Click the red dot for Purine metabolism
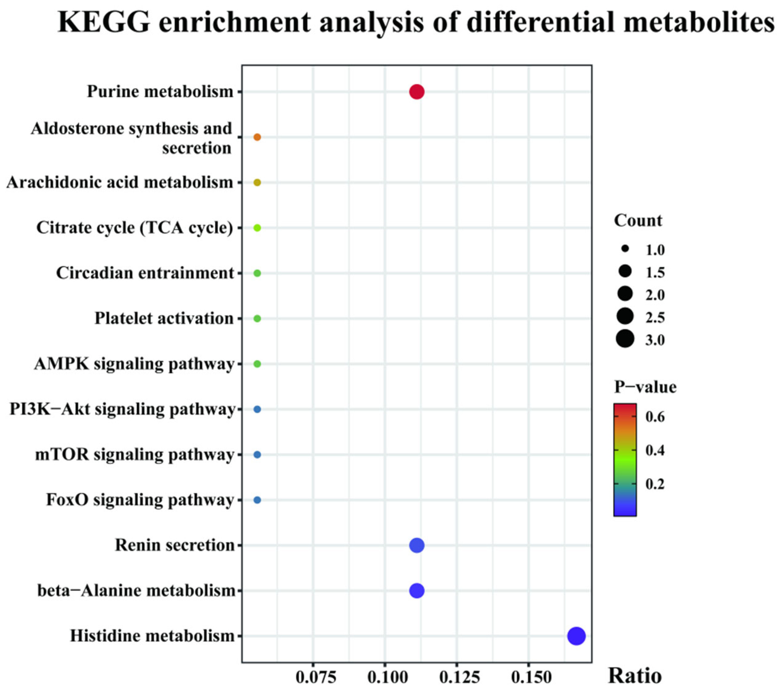pos(417,92)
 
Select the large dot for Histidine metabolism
pos(576,636)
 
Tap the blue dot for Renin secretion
pos(417,545)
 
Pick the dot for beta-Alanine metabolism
pos(417,591)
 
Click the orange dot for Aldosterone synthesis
pos(257,137)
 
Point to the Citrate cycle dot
pos(257,228)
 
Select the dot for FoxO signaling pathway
pos(257,500)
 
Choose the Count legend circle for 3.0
pos(625,339)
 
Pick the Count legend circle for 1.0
pos(625,249)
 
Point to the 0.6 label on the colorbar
pos(655,416)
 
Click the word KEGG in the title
pos(104,22)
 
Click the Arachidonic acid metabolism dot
pos(257,183)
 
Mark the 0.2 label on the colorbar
pos(655,484)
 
